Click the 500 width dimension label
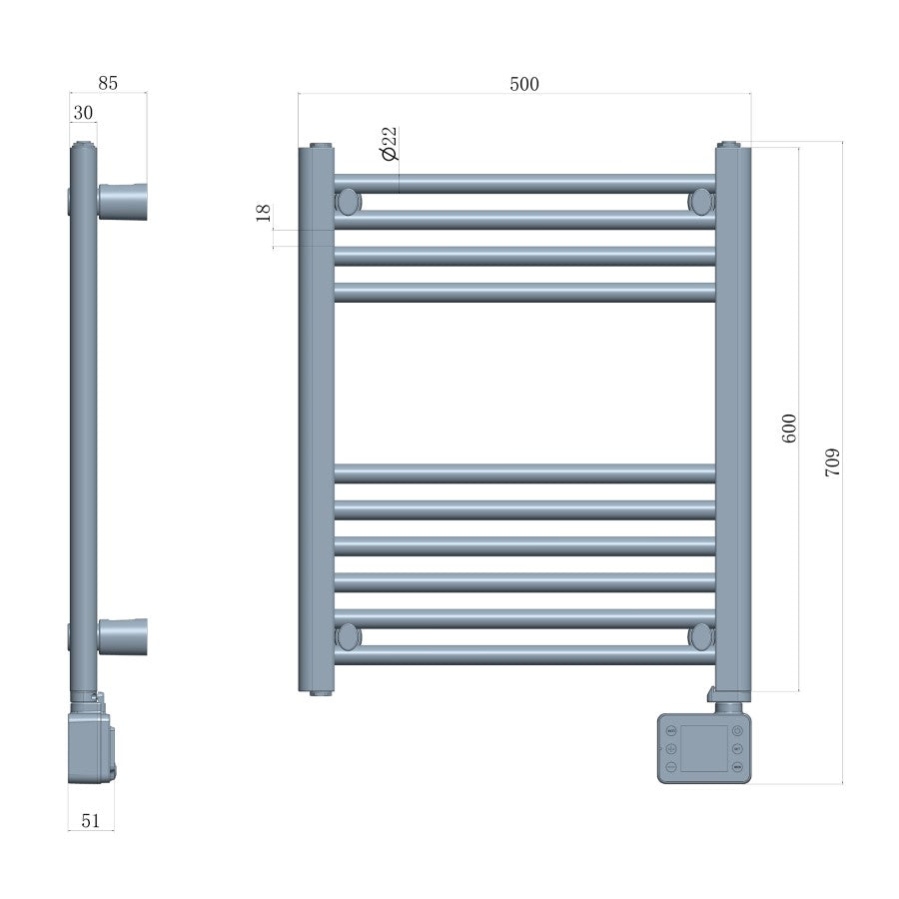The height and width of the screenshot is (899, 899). (x=523, y=84)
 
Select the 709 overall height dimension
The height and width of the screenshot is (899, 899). (x=832, y=460)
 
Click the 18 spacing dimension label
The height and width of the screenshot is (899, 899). (x=263, y=212)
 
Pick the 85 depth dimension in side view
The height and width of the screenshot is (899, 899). (x=108, y=84)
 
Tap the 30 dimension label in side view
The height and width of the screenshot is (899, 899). (x=83, y=113)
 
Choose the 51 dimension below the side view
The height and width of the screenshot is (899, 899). (x=90, y=820)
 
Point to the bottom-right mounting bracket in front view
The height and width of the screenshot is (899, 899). (x=702, y=635)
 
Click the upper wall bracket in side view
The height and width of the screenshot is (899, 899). (x=123, y=201)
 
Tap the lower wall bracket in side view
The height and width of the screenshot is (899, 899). (x=123, y=635)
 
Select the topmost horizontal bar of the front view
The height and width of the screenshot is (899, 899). (x=524, y=185)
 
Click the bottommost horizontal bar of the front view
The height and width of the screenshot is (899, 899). (x=524, y=656)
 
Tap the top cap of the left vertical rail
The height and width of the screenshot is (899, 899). (x=321, y=146)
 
